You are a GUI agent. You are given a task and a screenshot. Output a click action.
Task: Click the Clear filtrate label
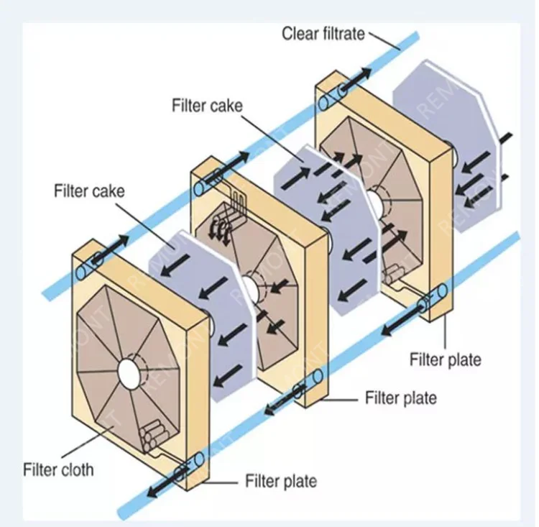pyautogui.click(x=323, y=33)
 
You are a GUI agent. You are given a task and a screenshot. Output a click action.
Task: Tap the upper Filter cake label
pyautogui.click(x=207, y=106)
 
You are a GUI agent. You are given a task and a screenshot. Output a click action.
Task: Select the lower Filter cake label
pyautogui.click(x=89, y=191)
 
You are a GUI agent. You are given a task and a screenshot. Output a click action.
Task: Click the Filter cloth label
pyautogui.click(x=58, y=470)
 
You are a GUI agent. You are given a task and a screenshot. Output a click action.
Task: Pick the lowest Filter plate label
pyautogui.click(x=281, y=480)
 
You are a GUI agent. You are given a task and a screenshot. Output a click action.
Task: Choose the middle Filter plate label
pyautogui.click(x=400, y=397)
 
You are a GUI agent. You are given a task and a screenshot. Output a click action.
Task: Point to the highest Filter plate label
pyautogui.click(x=445, y=359)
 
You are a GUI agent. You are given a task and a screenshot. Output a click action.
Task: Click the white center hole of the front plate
pyautogui.click(x=130, y=372)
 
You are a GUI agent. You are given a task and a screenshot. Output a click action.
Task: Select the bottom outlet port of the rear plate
pyautogui.click(x=436, y=295)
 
